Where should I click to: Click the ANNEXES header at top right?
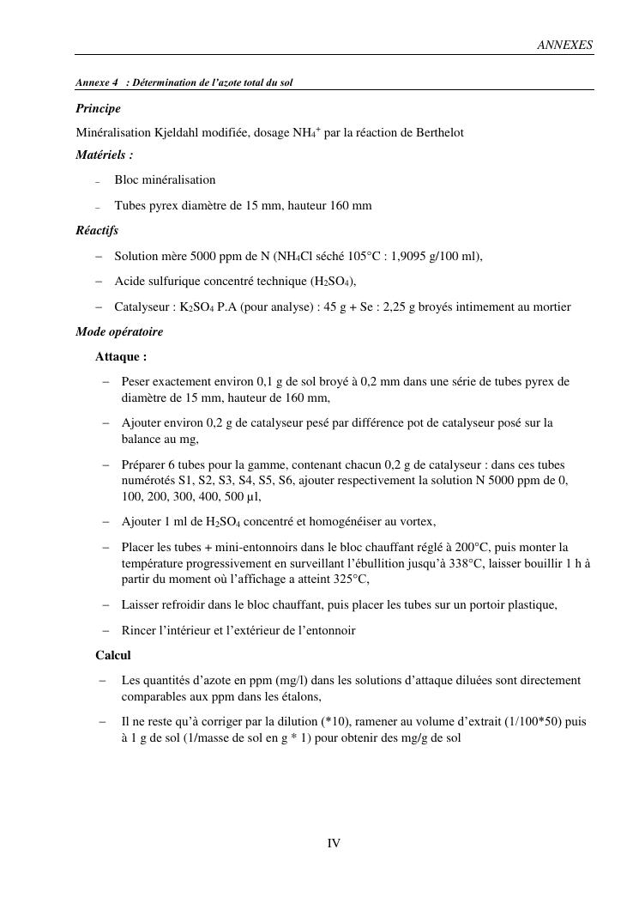564,46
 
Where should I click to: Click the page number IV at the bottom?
334,843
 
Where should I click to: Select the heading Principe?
98,109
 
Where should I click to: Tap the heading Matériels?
104,155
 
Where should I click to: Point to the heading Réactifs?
97,230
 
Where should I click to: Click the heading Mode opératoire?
119,331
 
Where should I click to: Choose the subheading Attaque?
121,356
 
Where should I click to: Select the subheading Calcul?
113,655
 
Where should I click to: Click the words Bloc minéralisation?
165,180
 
